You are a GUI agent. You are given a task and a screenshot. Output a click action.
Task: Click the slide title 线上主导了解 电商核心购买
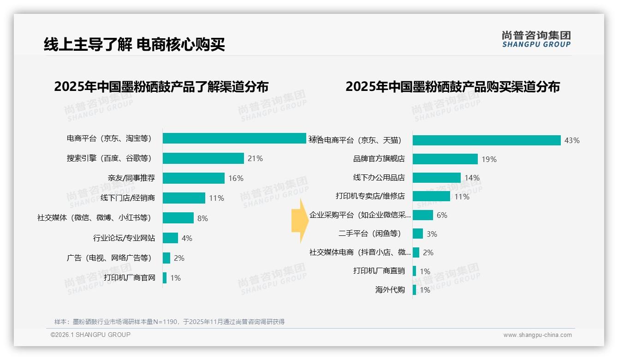click(x=134, y=45)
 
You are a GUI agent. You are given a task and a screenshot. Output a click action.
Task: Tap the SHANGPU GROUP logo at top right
click(x=536, y=39)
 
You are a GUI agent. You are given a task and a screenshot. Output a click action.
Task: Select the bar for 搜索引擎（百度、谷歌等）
click(x=203, y=158)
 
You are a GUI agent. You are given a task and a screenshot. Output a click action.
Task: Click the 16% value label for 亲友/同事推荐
click(x=236, y=178)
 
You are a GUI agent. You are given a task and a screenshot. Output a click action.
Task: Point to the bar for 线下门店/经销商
click(x=184, y=198)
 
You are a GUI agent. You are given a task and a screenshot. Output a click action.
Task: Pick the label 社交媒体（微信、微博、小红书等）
click(x=94, y=218)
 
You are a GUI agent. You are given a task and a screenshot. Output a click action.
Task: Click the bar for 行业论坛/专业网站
click(x=170, y=238)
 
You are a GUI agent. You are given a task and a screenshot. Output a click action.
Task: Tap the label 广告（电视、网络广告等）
click(x=109, y=258)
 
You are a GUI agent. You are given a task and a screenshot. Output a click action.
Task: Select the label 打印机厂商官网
click(x=129, y=278)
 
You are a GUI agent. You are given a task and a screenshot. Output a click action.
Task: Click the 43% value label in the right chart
click(x=572, y=140)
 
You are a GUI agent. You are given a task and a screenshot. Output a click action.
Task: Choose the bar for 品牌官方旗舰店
click(x=445, y=159)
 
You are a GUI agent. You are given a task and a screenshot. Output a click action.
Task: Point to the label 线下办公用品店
click(x=379, y=178)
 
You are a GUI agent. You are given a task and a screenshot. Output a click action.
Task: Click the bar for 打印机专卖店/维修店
click(x=431, y=197)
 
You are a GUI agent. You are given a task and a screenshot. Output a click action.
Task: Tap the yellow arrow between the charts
click(x=300, y=221)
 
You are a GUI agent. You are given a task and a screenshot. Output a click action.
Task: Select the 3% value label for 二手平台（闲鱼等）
click(x=432, y=234)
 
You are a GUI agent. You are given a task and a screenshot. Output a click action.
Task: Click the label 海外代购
click(x=390, y=290)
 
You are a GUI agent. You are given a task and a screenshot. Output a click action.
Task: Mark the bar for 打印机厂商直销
click(x=414, y=271)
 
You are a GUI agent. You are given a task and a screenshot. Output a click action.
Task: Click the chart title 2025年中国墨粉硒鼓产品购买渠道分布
click(x=452, y=87)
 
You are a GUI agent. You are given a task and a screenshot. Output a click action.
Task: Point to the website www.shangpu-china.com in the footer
click(x=537, y=335)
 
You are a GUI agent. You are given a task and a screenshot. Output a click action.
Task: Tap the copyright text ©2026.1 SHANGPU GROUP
click(x=90, y=335)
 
